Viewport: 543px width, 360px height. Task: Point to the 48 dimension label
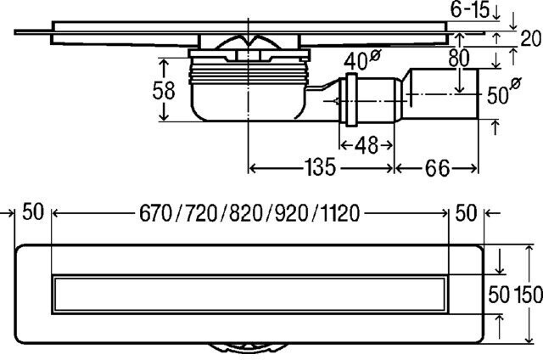coord(367,144)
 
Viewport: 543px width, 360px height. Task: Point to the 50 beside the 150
coord(498,295)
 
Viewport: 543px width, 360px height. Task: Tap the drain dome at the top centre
coord(247,47)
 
